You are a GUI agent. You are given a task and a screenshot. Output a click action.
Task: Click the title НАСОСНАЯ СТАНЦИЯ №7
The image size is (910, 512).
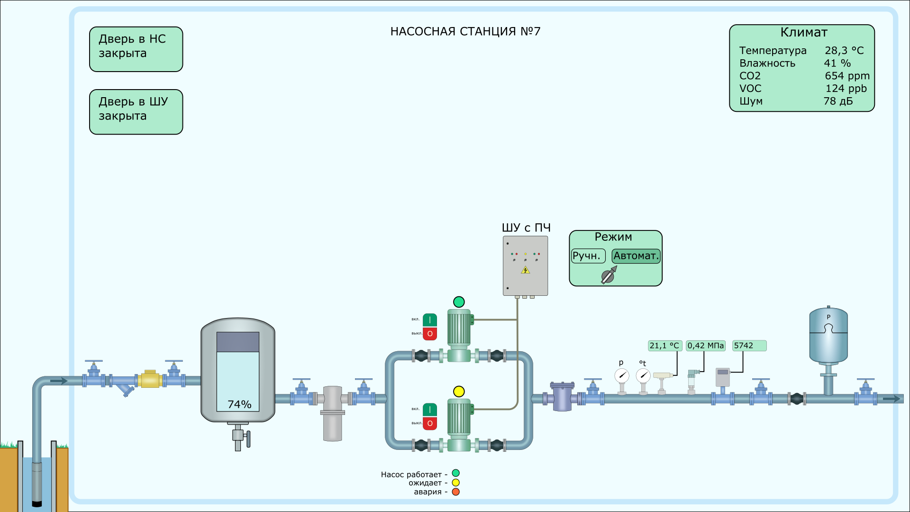tap(465, 31)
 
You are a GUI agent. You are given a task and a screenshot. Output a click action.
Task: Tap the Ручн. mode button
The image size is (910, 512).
tap(588, 256)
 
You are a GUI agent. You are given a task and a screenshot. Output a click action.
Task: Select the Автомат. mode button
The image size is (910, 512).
tap(636, 256)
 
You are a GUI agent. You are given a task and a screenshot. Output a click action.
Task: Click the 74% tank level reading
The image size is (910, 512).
tap(239, 404)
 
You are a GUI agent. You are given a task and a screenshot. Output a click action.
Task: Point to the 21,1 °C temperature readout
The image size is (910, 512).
tap(664, 346)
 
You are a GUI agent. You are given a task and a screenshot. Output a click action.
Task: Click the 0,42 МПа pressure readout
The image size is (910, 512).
tap(705, 346)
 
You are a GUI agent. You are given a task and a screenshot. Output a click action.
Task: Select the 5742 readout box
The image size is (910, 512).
tap(749, 346)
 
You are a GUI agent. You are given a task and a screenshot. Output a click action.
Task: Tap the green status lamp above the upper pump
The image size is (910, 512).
tap(459, 302)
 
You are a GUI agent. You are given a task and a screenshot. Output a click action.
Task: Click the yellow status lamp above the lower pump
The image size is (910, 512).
tap(459, 392)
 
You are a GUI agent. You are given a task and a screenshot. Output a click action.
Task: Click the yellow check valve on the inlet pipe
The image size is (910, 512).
tap(150, 379)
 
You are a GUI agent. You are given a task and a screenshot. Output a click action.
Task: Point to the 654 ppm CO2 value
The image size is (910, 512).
tap(847, 76)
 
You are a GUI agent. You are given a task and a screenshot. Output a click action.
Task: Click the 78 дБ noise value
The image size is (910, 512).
tap(838, 101)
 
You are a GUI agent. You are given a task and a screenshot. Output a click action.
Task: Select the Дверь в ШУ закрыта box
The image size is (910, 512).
tap(136, 112)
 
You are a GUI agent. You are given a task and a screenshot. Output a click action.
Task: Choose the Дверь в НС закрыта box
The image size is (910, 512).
tap(136, 49)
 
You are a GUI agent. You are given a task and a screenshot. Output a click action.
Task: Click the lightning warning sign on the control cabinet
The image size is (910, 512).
tap(525, 270)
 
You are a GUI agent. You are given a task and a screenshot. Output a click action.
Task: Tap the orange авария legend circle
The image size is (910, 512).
tap(455, 492)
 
